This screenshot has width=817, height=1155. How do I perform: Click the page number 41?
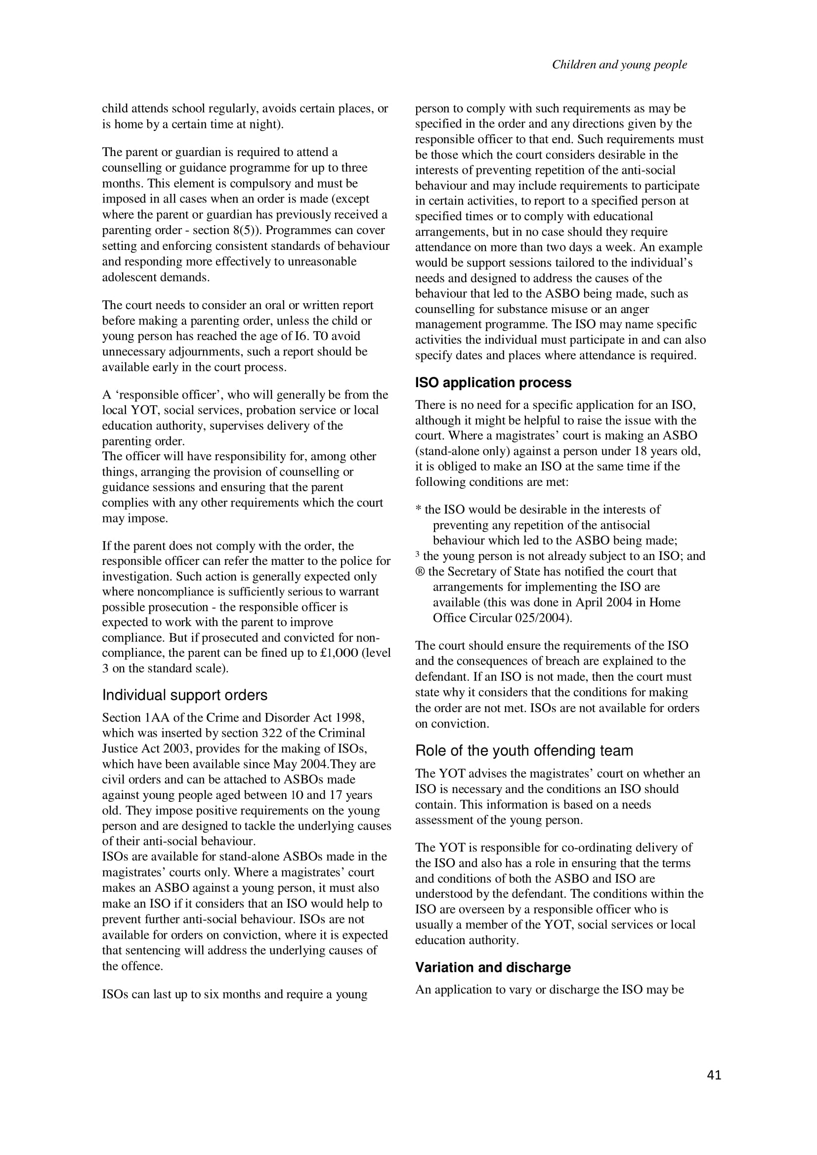714,1075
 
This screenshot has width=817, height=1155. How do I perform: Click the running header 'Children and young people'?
619,64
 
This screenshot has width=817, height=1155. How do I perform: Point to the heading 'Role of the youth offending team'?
523,751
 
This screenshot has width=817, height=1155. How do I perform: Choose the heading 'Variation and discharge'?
492,967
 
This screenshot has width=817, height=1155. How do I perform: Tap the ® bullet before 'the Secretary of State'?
420,571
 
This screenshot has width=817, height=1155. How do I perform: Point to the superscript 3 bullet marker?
417,555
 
